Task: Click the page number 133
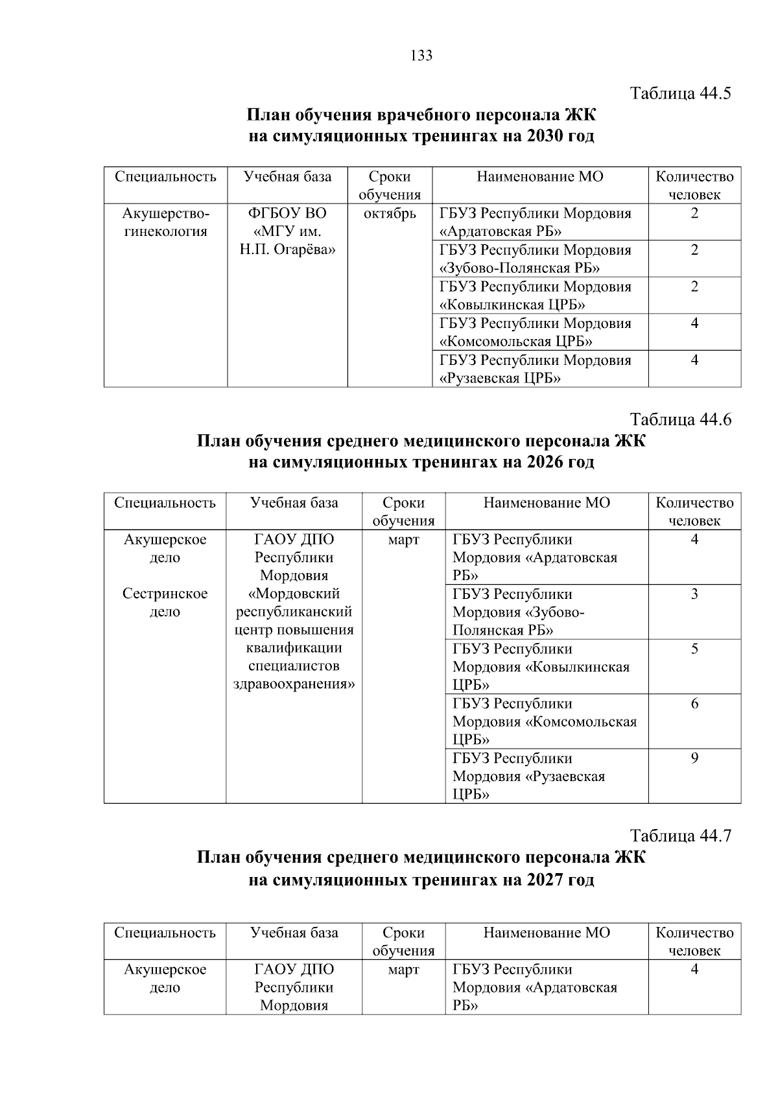tap(421, 56)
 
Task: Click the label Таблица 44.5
tap(681, 93)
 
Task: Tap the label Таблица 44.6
tap(681, 420)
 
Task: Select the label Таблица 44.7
tap(681, 836)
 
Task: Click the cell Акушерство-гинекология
tap(165, 222)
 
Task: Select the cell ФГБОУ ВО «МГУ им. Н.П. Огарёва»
tap(287, 231)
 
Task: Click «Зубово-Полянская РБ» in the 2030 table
tap(519, 268)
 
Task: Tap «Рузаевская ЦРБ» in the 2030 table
tap(500, 379)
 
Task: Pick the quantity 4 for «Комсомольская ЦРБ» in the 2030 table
tap(694, 323)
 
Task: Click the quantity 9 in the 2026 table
tap(694, 758)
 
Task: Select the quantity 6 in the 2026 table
tap(694, 704)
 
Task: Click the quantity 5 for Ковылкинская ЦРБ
tap(694, 649)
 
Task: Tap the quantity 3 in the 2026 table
tap(694, 594)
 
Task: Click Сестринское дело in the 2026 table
tap(165, 603)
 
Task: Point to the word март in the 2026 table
tap(403, 540)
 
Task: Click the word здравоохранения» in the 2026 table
tap(294, 685)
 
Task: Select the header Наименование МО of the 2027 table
tap(547, 933)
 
